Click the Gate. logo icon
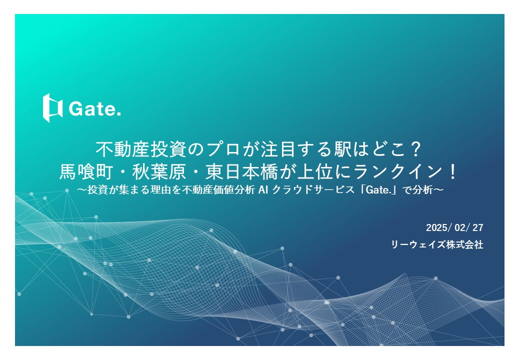pyautogui.click(x=52, y=107)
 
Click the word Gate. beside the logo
pyautogui.click(x=95, y=108)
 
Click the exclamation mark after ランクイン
pyautogui.click(x=452, y=172)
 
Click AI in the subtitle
pyautogui.click(x=263, y=190)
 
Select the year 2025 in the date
pyautogui.click(x=438, y=228)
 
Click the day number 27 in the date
pyautogui.click(x=477, y=228)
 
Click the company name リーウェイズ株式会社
pyautogui.click(x=437, y=245)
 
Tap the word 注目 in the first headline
pyautogui.click(x=270, y=149)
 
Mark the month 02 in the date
pyautogui.click(x=460, y=228)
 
